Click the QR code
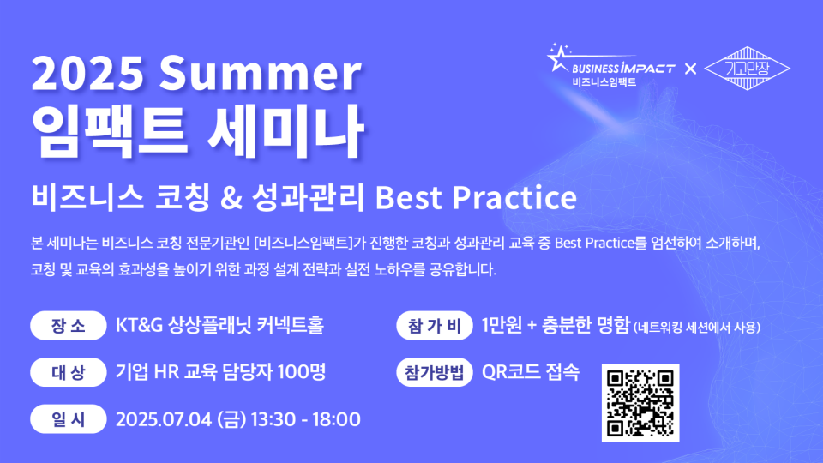640,403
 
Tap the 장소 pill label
69,326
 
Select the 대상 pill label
69,372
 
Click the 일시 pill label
69,419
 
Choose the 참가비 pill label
435,326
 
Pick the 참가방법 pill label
435,372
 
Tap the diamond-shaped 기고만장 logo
747,69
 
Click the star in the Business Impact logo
558,57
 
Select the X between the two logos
690,69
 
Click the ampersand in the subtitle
231,198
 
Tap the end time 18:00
336,419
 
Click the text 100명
302,372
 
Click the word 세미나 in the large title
285,131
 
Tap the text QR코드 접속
531,372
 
